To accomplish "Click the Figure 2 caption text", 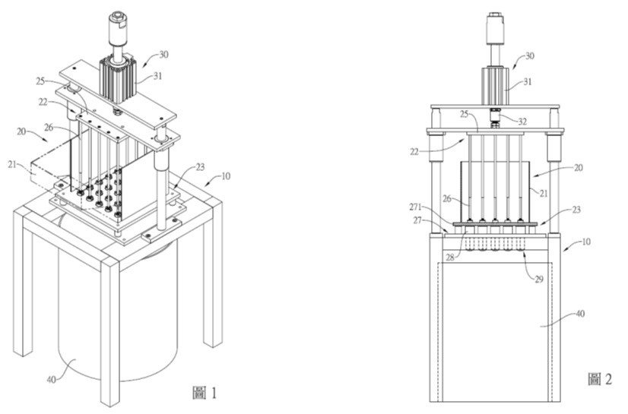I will click(x=600, y=378).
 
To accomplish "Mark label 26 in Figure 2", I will click(x=449, y=200).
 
